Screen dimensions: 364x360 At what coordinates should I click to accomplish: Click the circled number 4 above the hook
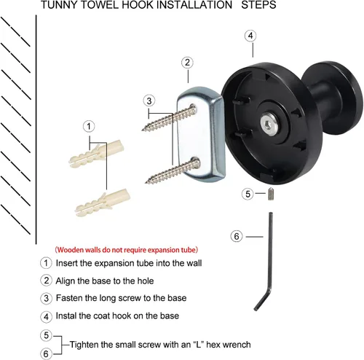pyautogui.click(x=250, y=36)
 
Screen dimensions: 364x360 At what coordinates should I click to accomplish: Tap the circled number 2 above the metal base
pyautogui.click(x=187, y=63)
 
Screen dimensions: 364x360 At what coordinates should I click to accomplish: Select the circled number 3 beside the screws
pyautogui.click(x=149, y=101)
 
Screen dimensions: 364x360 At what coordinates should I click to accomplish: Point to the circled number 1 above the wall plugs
pyautogui.click(x=89, y=126)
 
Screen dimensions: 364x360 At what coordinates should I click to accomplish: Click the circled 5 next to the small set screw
pyautogui.click(x=248, y=194)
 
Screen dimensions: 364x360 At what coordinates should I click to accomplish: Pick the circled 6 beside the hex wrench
pyautogui.click(x=237, y=236)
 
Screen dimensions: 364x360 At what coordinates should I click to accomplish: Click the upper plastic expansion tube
pyautogui.click(x=97, y=154)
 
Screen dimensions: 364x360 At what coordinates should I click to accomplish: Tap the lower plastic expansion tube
pyautogui.click(x=103, y=203)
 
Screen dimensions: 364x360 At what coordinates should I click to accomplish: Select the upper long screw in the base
pyautogui.click(x=170, y=118)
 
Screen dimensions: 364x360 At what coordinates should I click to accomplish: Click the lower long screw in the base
pyautogui.click(x=173, y=171)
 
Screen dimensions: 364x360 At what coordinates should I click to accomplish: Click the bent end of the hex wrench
pyautogui.click(x=262, y=300)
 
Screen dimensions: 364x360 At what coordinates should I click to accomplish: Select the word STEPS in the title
pyautogui.click(x=258, y=5)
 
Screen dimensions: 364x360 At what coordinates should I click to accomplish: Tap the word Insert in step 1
pyautogui.click(x=68, y=263)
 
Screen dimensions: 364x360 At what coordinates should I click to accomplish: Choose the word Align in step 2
pyautogui.click(x=64, y=281)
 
